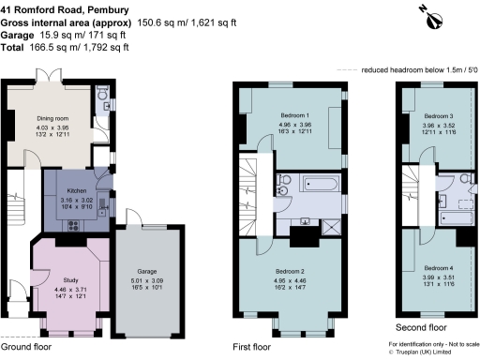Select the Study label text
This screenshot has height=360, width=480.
[x=70, y=280]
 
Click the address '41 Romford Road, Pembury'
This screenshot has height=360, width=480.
[x=71, y=9]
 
